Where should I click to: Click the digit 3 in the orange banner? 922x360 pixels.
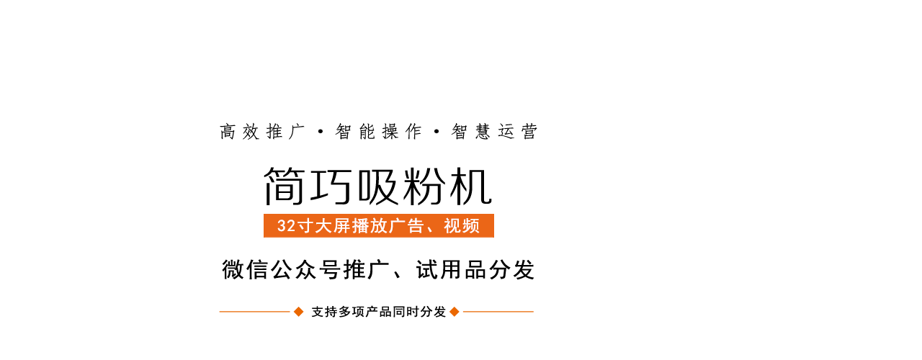pos(282,226)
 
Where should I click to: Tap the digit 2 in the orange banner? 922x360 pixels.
pos(291,226)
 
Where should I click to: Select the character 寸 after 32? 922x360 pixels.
pos(305,226)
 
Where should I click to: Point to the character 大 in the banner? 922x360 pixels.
pos(323,226)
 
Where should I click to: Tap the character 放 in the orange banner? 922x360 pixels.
pos(379,226)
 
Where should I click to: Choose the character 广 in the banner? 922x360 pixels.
pos(397,226)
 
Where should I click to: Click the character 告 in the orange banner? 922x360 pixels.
pos(416,226)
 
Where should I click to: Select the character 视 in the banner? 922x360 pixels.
pos(452,226)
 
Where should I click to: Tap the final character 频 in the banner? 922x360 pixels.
pos(471,226)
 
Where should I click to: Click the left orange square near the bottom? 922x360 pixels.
pos(298,311)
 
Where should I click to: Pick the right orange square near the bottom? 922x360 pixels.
pos(454,311)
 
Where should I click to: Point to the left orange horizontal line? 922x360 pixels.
pos(255,312)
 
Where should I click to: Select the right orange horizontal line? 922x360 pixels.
pos(498,312)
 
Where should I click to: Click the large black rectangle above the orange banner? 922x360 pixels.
pos(374,186)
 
